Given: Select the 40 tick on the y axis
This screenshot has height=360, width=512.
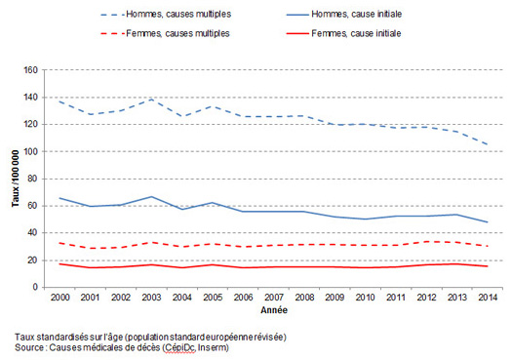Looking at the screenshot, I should point(31,233).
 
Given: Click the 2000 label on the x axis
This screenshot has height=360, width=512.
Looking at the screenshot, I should point(59,297).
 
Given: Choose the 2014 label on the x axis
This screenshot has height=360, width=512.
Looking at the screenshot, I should point(487,297).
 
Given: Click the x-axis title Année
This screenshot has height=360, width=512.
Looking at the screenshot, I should point(272,309).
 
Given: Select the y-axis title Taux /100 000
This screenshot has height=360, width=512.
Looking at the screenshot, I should point(13,178).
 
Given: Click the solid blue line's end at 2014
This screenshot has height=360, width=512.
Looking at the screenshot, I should point(487,222).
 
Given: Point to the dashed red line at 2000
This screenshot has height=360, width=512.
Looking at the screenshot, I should point(59,243).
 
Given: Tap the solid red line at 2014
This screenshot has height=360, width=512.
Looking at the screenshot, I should point(487,266).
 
